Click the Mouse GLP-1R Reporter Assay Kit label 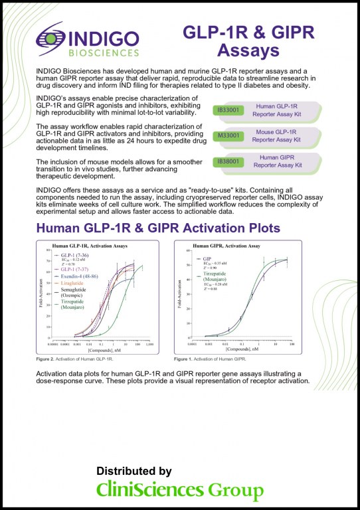(293, 137)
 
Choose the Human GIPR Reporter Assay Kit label (293, 161)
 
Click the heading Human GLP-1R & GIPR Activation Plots (158, 228)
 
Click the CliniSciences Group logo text (180, 491)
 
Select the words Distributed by (135, 470)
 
